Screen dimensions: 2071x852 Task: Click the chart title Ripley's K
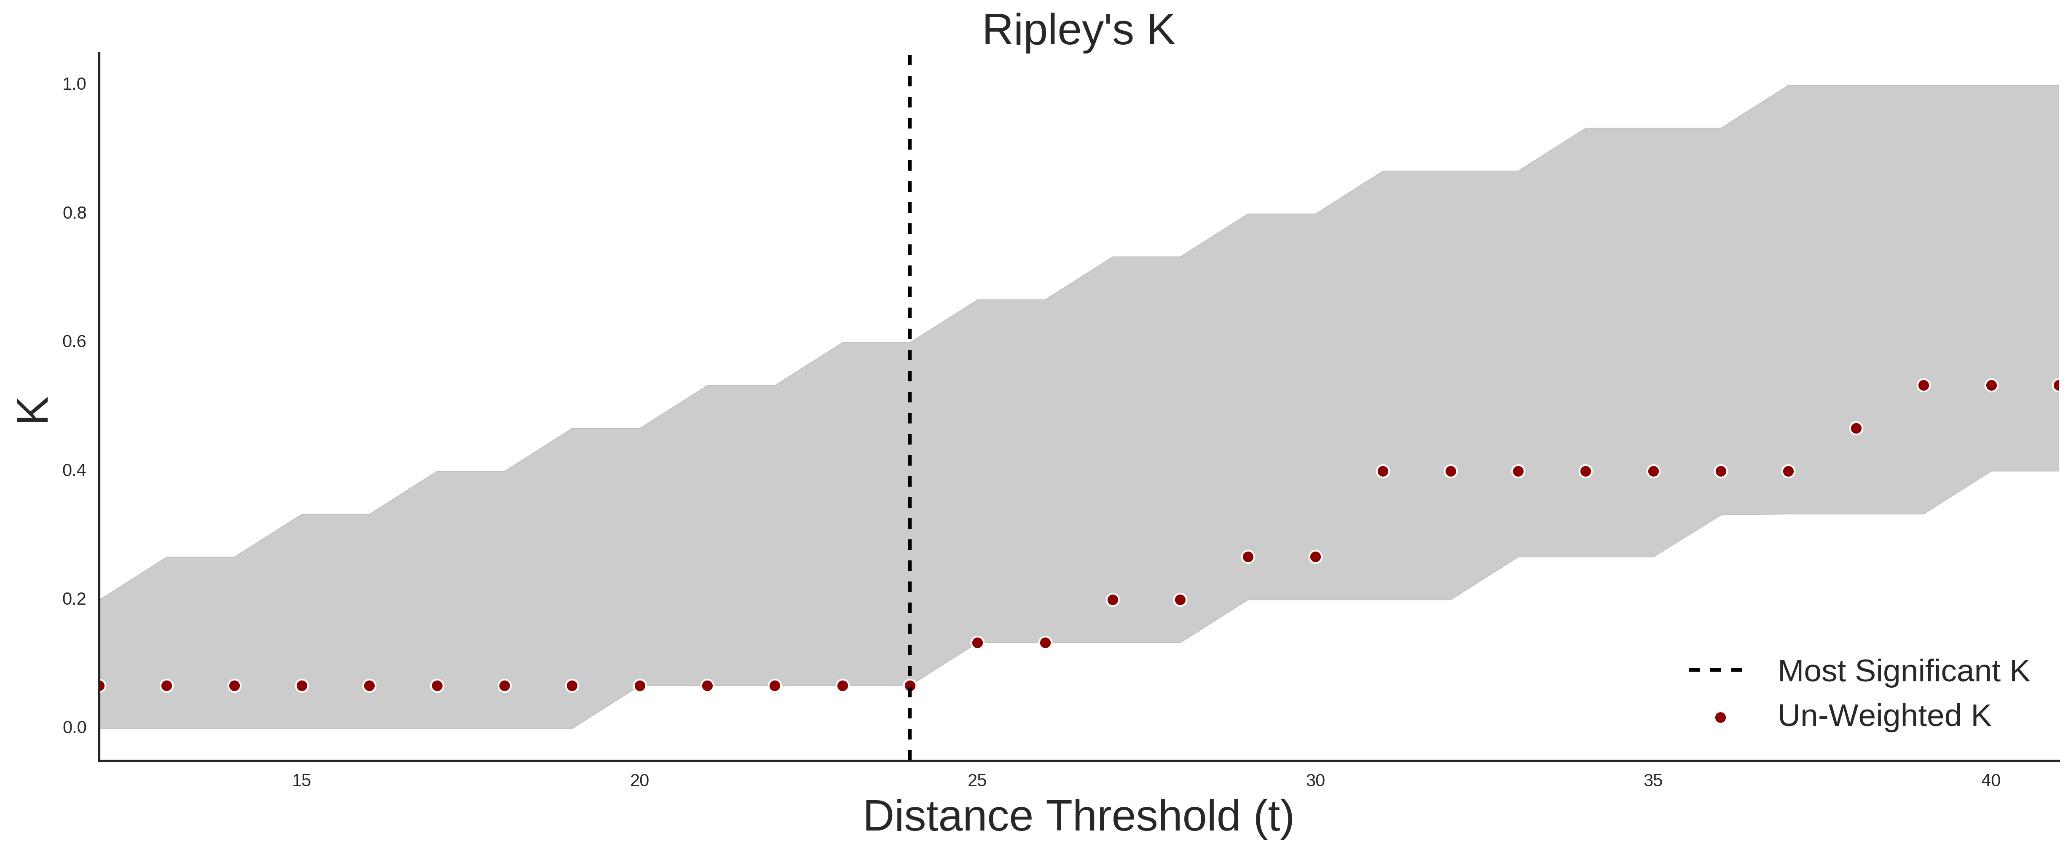1078,30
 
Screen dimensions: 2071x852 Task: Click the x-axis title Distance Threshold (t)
1078,817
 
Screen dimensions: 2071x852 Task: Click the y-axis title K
33,410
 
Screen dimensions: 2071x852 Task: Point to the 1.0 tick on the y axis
74,84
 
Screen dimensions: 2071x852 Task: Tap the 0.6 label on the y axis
74,342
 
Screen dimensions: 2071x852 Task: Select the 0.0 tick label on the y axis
74,727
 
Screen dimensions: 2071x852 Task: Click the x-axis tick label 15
301,780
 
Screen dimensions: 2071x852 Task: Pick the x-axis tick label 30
1315,780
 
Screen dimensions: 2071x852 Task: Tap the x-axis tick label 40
1991,780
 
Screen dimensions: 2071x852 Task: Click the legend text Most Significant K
1903,670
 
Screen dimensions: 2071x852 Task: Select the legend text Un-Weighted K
1884,715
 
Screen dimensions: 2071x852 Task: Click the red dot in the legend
1720,717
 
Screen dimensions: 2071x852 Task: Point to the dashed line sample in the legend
1716,670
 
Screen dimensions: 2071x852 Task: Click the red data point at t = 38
1856,429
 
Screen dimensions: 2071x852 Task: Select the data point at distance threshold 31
1383,471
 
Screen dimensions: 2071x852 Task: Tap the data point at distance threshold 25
978,642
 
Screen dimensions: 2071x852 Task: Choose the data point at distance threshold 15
301,686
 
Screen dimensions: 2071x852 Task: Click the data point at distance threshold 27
1113,600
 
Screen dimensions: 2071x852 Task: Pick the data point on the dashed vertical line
909,686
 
